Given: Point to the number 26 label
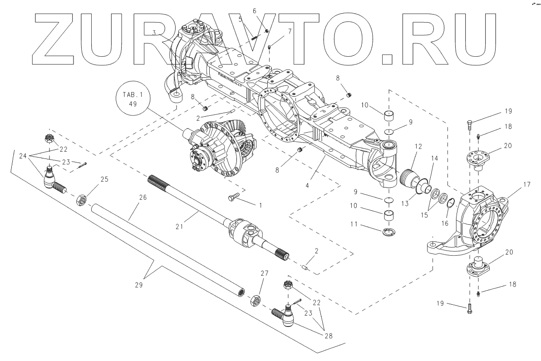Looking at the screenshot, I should [143, 198].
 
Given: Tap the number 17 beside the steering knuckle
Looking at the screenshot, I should [514, 185].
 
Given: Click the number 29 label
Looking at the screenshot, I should [138, 285].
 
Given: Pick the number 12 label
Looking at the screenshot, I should [418, 147].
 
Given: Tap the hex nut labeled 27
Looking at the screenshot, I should [256, 300].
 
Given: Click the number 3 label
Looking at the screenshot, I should [154, 33].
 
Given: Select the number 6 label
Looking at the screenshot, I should [267, 10].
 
